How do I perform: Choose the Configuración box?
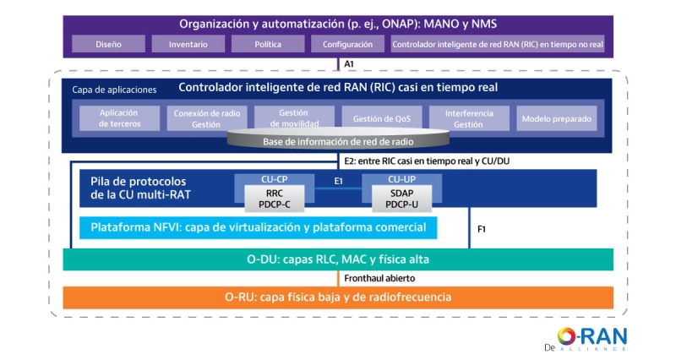[x=346, y=44]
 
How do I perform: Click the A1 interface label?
[x=348, y=64]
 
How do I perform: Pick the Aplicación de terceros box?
[x=119, y=117]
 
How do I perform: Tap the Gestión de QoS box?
[x=381, y=117]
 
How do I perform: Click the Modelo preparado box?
[x=557, y=118]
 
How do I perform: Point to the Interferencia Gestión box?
[x=468, y=117]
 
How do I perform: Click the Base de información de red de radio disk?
[x=338, y=141]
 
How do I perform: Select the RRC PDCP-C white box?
[x=269, y=198]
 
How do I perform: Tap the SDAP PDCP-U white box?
[x=395, y=198]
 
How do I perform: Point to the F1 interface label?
[x=481, y=228]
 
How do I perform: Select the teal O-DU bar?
[x=338, y=259]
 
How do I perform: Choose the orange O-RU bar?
[x=338, y=297]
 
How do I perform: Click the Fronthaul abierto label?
[x=379, y=278]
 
